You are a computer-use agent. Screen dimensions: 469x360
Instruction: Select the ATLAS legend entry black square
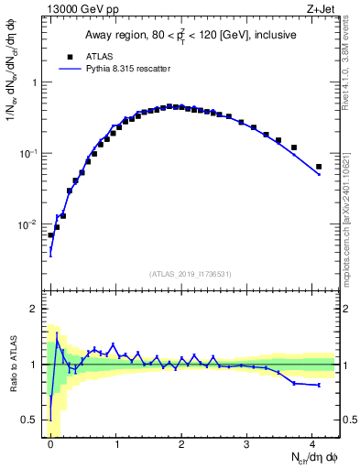click(x=70, y=55)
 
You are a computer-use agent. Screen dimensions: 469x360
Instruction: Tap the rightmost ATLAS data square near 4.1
click(x=319, y=167)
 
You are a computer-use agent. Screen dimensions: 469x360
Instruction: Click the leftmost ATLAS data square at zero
click(x=50, y=235)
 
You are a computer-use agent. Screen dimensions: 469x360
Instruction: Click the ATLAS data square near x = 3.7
click(x=294, y=147)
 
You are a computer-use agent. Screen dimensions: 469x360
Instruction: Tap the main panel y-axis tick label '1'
click(x=37, y=82)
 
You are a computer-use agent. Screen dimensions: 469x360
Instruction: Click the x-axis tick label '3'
click(x=247, y=444)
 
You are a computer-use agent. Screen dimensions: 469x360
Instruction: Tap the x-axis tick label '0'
click(x=50, y=444)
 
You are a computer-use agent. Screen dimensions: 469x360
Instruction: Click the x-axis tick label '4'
click(x=312, y=444)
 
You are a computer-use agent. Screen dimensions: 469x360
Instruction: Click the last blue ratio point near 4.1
click(x=319, y=386)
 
